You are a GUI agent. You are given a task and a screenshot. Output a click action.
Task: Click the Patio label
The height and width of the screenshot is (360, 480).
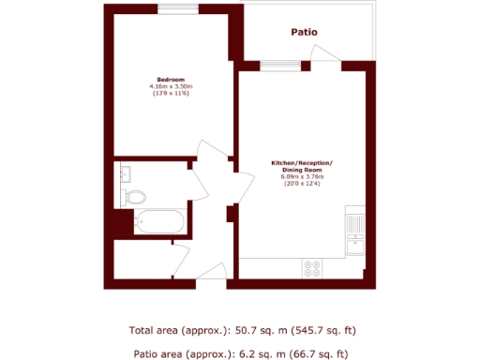coord(304,32)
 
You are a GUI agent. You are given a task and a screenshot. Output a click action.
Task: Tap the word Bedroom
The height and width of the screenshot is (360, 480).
coord(170,80)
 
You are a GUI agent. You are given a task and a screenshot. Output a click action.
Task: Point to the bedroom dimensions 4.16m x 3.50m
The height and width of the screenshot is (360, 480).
coord(170,87)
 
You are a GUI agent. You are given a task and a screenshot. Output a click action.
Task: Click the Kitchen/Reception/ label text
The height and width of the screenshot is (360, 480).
coord(301,163)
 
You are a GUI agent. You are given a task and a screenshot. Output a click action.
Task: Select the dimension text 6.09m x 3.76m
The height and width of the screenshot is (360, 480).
coord(301,177)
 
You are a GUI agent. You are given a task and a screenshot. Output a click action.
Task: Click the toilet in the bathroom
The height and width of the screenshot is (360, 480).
coord(135,197)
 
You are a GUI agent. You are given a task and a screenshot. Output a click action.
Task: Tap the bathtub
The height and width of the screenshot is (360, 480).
coord(158,223)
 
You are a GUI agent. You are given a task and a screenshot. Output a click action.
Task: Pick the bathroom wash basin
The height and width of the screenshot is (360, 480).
coord(123,173)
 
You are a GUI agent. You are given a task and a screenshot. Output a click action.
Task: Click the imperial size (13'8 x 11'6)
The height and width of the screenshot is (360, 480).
coord(170,94)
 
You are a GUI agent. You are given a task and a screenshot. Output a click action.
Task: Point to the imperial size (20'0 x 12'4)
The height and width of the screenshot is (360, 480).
coord(301,184)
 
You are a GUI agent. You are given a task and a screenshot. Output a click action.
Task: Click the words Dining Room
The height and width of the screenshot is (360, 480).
coord(301,170)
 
